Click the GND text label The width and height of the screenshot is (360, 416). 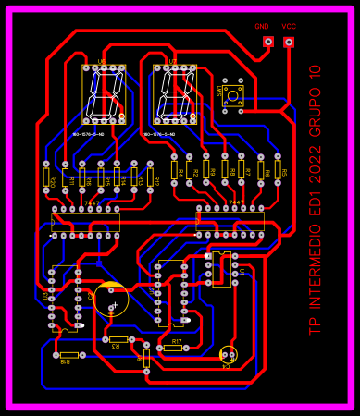click(262, 27)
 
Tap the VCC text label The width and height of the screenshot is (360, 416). click(289, 27)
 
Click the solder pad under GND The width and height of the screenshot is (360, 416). click(268, 43)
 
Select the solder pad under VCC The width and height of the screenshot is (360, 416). click(289, 43)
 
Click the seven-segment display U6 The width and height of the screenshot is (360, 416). click(103, 95)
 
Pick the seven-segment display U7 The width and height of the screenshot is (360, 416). click(175, 94)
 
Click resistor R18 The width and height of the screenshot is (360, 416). click(68, 355)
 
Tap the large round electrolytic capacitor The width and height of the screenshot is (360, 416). click(111, 300)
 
